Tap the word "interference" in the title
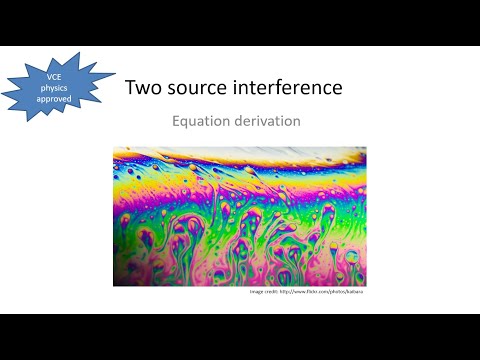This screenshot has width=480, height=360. [x=290, y=88]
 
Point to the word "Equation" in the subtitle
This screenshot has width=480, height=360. [x=197, y=122]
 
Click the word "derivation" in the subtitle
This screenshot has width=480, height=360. [x=266, y=121]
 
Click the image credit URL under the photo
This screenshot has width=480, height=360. [x=320, y=292]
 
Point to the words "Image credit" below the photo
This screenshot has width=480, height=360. [x=262, y=292]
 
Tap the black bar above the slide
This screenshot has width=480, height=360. [x=240, y=22]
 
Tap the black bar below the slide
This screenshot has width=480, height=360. [x=240, y=337]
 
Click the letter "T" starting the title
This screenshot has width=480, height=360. [x=130, y=88]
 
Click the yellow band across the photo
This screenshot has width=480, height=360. [x=240, y=172]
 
